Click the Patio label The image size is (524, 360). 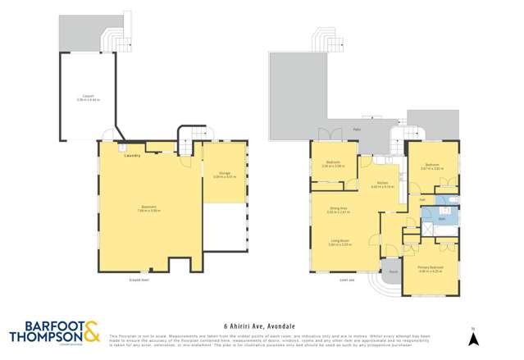[x=358, y=129]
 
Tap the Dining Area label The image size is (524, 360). [x=338, y=209]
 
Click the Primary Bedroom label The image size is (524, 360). [x=430, y=267]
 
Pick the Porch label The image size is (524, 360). [x=393, y=271]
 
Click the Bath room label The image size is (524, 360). [x=441, y=219]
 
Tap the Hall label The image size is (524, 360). [x=421, y=200]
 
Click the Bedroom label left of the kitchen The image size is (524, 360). [x=333, y=162]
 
